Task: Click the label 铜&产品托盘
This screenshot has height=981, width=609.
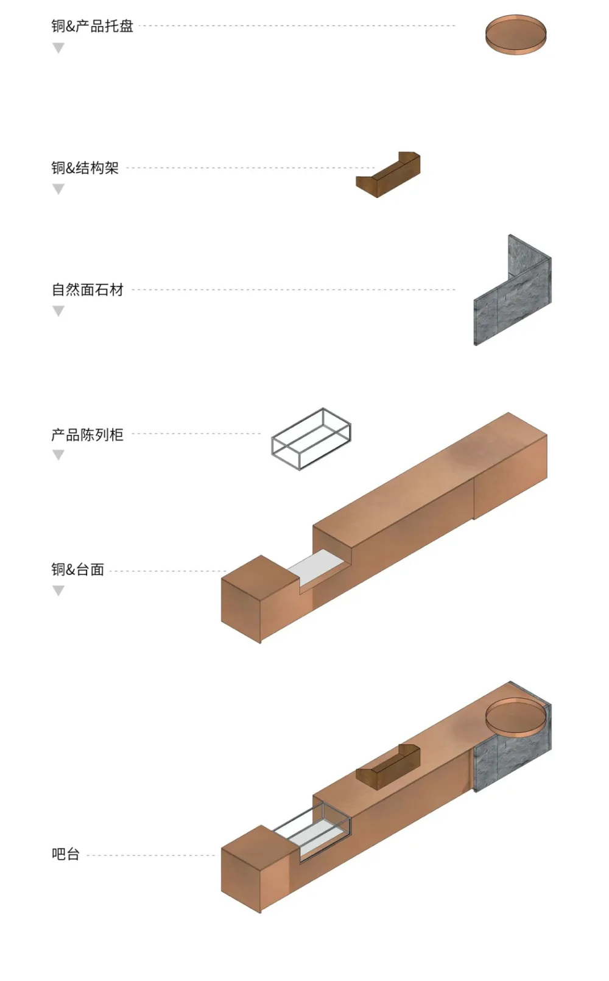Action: tap(92, 26)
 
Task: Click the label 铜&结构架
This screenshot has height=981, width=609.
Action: tap(85, 168)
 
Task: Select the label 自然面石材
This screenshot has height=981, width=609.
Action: tap(87, 289)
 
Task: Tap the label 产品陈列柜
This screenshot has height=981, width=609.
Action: tap(87, 434)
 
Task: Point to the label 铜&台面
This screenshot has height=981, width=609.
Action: tap(77, 570)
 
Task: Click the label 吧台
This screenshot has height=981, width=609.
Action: tap(65, 854)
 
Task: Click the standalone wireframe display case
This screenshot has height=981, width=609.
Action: tap(311, 439)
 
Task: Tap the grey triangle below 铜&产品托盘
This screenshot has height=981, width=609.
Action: tap(58, 48)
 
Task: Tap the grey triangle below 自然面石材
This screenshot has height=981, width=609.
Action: tap(58, 311)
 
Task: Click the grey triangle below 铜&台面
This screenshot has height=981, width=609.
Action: tap(58, 590)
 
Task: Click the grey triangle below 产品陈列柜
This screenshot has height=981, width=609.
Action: tap(58, 455)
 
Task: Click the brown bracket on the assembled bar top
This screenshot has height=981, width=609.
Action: tap(388, 769)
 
